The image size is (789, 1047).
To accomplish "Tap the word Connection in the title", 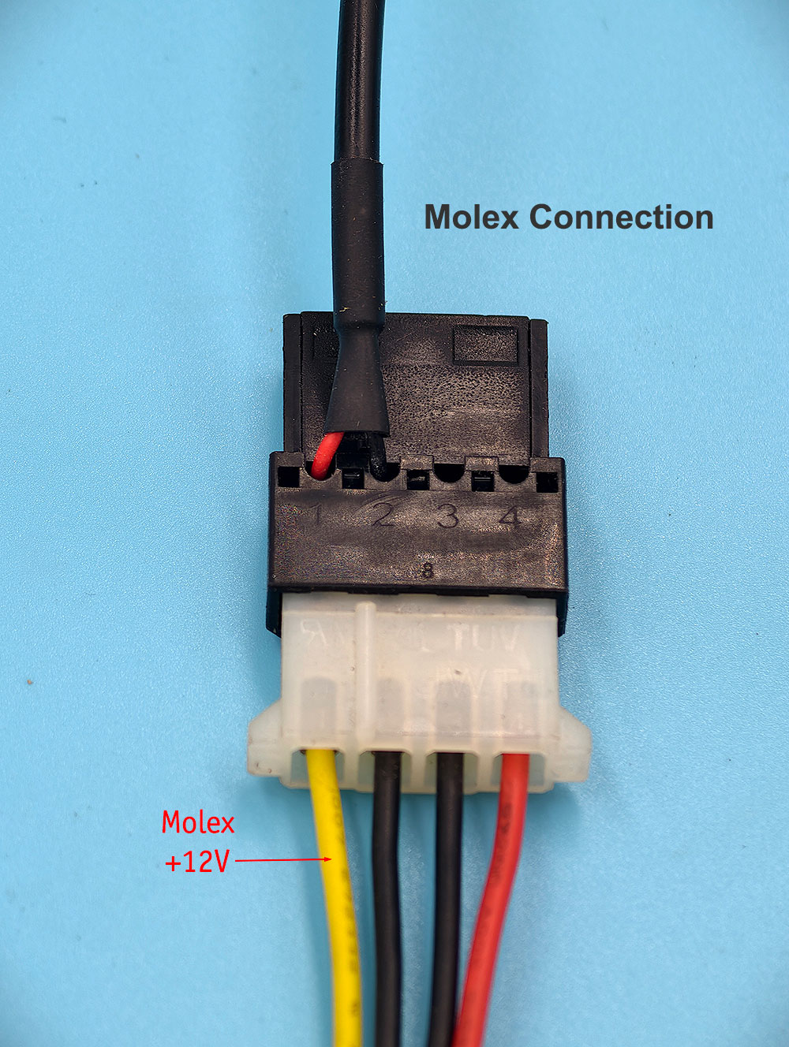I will coord(621,217).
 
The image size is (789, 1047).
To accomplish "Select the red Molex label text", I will coord(198,823).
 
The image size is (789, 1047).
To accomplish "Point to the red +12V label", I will coord(196,862).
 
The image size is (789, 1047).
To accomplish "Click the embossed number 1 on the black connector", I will coord(317,516).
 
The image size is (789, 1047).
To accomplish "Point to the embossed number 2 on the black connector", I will coord(383,516).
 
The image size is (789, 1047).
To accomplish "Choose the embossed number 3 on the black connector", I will coord(447,516).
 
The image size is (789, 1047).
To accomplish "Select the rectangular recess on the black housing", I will coord(485,344).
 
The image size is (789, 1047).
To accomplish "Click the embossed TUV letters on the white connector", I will coord(485,637).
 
